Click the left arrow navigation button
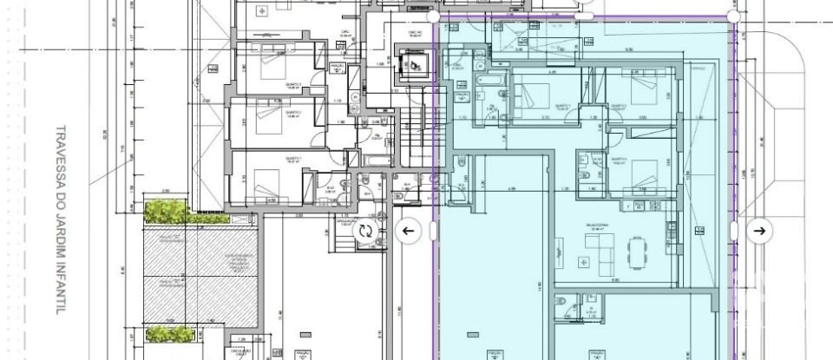coord(408,230)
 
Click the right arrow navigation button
coord(759,230)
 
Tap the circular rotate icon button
coord(366,231)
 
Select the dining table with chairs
coord(641,253)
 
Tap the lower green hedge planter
coord(169,332)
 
